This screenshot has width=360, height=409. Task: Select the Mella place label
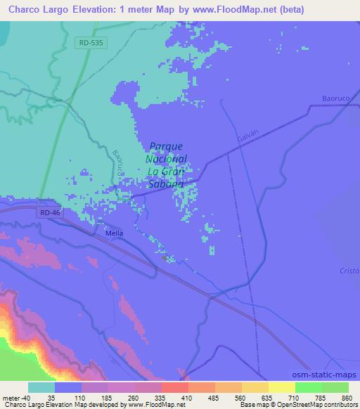(113, 233)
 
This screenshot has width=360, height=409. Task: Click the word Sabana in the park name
(166, 184)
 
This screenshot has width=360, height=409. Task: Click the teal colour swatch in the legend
(41, 387)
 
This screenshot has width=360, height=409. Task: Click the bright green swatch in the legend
(307, 387)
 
